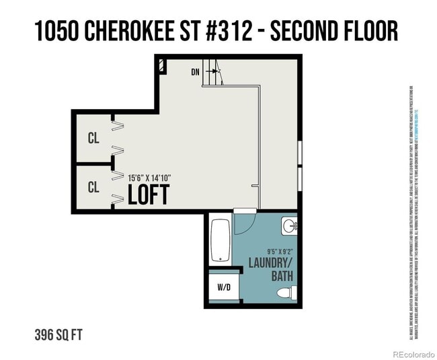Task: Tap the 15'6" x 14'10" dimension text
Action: (149, 178)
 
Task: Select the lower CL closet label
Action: (93, 187)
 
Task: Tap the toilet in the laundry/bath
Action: (286, 292)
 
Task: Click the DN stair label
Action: (196, 71)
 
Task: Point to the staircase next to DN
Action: (214, 72)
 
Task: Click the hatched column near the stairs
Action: (162, 66)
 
